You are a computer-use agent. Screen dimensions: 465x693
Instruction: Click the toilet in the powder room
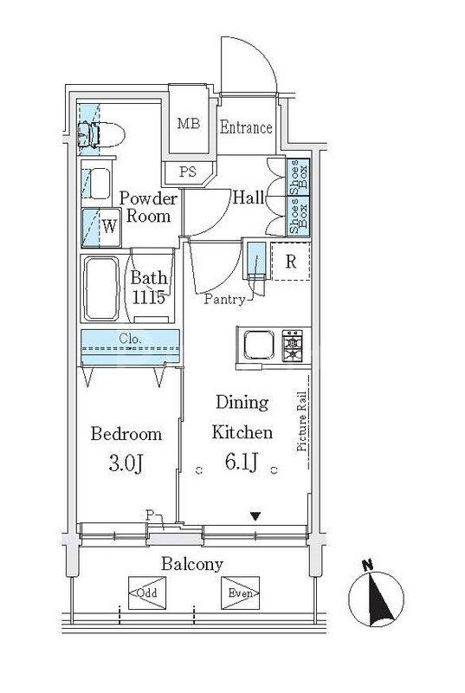pyautogui.click(x=100, y=135)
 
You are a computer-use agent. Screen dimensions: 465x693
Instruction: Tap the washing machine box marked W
pyautogui.click(x=101, y=227)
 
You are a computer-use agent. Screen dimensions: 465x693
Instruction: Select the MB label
pyautogui.click(x=189, y=123)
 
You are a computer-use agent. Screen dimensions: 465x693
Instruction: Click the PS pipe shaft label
pyautogui.click(x=188, y=172)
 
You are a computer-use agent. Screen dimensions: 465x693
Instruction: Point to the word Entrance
pyautogui.click(x=246, y=127)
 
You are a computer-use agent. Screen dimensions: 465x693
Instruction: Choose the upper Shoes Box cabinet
pyautogui.click(x=298, y=178)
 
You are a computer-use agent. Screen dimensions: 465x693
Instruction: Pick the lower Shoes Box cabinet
pyautogui.click(x=298, y=216)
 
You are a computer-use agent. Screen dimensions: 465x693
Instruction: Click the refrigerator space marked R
pyautogui.click(x=291, y=262)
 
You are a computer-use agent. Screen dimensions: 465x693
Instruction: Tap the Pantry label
pyautogui.click(x=225, y=299)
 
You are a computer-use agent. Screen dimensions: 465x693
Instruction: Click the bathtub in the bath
pyautogui.click(x=101, y=288)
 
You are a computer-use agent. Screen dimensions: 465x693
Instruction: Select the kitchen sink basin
pyautogui.click(x=258, y=345)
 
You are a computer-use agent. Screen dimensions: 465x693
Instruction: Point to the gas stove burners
pyautogui.click(x=293, y=345)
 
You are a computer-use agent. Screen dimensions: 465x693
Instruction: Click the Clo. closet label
pyautogui.click(x=130, y=340)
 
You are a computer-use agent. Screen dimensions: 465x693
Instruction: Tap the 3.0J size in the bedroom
pyautogui.click(x=126, y=463)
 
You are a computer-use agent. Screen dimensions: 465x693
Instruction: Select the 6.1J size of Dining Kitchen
pyautogui.click(x=242, y=462)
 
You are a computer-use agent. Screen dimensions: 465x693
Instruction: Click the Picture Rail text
pyautogui.click(x=302, y=422)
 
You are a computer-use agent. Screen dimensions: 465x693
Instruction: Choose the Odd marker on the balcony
pyautogui.click(x=147, y=593)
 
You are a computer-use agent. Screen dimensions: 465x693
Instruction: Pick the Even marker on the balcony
pyautogui.click(x=240, y=593)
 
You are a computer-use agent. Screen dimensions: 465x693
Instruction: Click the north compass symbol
pyautogui.click(x=376, y=598)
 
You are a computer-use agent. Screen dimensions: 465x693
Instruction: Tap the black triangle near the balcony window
pyautogui.click(x=255, y=515)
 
